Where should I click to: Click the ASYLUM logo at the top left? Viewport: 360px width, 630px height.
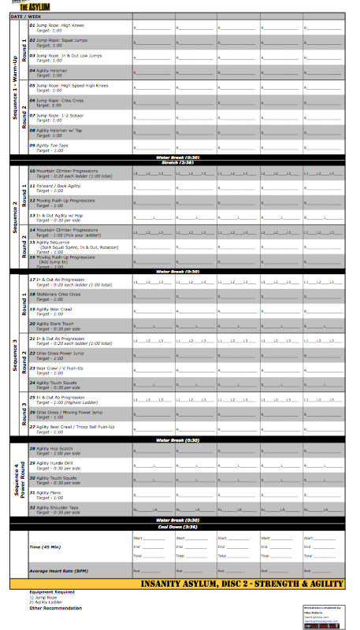point(35,6)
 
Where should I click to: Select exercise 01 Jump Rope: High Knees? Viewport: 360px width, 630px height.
point(60,25)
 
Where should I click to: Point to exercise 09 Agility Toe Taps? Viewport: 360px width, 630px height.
point(55,145)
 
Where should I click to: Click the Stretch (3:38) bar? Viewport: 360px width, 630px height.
point(177,163)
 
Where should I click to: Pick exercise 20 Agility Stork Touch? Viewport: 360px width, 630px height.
point(58,324)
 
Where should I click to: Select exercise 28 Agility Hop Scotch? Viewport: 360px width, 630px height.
point(58,448)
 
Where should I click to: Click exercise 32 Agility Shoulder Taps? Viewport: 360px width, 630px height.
point(63,507)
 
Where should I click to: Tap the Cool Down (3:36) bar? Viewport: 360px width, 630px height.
point(177,526)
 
